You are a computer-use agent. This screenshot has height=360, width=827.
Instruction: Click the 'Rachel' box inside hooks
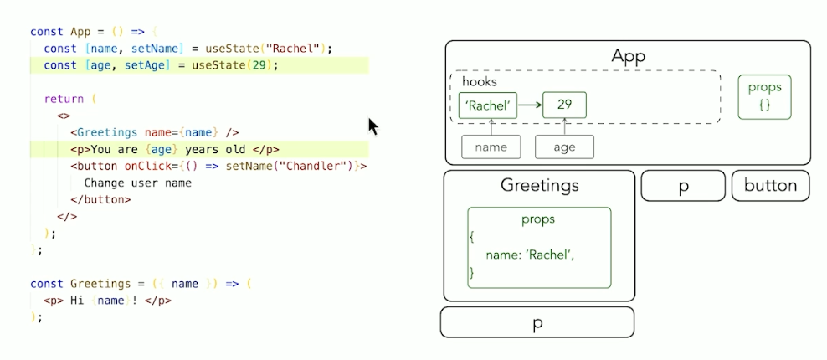click(x=488, y=105)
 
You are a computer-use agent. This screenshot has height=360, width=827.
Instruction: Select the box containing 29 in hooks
click(x=564, y=105)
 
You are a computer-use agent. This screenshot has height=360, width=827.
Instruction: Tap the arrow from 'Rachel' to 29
click(x=530, y=105)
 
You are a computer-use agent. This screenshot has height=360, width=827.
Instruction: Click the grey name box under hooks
click(x=491, y=147)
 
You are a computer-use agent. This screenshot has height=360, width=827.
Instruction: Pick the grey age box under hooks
click(x=564, y=147)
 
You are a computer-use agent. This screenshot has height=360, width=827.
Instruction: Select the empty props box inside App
click(x=764, y=97)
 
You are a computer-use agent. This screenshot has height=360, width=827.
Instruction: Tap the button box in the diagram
click(x=770, y=186)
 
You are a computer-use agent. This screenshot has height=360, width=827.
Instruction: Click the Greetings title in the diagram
click(x=539, y=185)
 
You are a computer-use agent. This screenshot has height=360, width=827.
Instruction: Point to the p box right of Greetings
click(x=683, y=186)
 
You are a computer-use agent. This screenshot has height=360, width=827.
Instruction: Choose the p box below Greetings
click(x=537, y=322)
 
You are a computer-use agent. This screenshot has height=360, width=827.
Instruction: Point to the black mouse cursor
click(x=372, y=126)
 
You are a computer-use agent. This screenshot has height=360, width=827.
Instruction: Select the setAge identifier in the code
click(x=129, y=64)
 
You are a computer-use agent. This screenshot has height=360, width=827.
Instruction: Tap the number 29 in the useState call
click(x=263, y=64)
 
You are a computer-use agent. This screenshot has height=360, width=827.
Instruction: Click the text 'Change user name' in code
click(x=137, y=183)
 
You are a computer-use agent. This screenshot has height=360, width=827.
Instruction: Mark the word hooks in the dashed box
click(x=480, y=82)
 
